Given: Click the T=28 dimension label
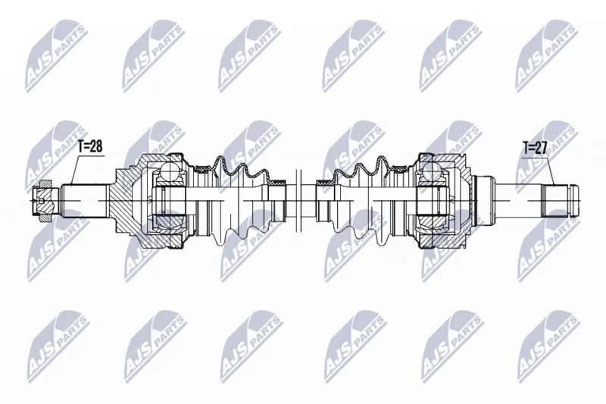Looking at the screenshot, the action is click(91, 147).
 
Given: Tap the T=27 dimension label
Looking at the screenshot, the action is click(535, 148).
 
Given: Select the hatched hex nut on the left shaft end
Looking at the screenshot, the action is click(42, 200).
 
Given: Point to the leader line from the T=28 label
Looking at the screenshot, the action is click(74, 171).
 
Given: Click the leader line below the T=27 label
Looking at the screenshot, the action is click(551, 172).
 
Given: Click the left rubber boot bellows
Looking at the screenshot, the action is click(239, 201).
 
